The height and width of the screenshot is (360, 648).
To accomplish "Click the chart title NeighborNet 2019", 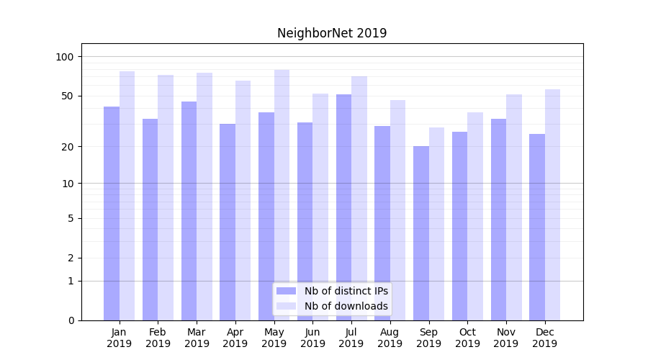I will click(332, 33).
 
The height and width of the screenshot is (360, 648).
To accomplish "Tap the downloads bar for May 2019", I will click(282, 194).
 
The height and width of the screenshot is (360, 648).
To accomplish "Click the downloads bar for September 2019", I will click(436, 224).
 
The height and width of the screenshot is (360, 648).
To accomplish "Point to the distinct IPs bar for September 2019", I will click(421, 233).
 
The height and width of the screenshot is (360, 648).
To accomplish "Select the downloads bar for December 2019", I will click(552, 204).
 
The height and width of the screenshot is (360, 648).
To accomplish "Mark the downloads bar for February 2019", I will click(166, 197).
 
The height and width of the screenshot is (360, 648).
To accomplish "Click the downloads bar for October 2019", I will click(475, 216).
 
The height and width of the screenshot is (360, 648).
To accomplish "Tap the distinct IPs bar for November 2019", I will click(498, 220).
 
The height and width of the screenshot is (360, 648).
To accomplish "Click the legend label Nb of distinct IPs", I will click(346, 291).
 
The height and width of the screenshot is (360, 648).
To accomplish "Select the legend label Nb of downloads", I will click(346, 306).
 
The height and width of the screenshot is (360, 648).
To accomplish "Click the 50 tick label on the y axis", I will click(68, 96).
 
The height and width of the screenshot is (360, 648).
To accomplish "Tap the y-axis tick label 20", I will click(68, 147).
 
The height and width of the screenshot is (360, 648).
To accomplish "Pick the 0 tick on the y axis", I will click(71, 320).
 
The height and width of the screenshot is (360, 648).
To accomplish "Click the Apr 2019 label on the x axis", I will click(235, 338).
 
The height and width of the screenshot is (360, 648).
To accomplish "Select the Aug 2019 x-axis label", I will click(390, 338).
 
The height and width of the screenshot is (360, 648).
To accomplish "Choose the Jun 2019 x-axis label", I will click(312, 338).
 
